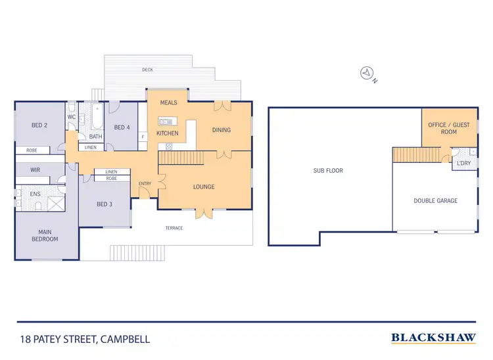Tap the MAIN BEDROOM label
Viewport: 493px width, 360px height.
tap(45, 235)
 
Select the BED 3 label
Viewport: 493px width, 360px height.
tap(105, 204)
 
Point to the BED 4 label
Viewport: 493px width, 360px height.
tap(123, 127)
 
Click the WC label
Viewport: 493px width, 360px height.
tap(72, 118)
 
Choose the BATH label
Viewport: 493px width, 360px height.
tap(95, 137)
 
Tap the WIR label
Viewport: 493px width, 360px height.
tap(35, 169)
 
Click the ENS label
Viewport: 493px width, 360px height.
tap(35, 194)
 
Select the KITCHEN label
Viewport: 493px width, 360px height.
tap(167, 133)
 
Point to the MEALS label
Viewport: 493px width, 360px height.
tap(169, 103)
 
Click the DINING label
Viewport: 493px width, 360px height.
tap(222, 130)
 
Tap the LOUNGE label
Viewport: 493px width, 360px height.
tap(204, 187)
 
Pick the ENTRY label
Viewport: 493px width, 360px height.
tap(145, 183)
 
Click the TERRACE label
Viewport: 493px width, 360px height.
tap(174, 228)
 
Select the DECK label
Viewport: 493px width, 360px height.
tap(148, 69)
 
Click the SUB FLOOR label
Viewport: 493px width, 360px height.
tap(328, 171)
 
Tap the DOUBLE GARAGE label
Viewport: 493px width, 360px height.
tap(435, 200)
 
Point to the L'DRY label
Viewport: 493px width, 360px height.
tap(463, 164)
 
